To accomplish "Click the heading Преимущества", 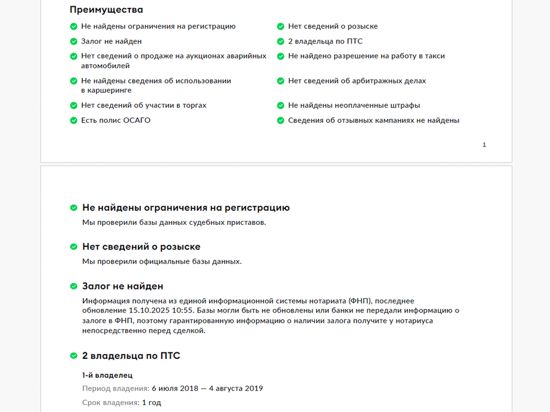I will pos(107,10).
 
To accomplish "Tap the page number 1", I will pos(484,145).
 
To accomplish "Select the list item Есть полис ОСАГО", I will pos(116,120).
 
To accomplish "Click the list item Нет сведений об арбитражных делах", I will pos(357,81).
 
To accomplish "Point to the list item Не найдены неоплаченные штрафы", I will pos(354,105).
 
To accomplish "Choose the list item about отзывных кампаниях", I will pos(374,120).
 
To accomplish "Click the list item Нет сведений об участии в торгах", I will pos(144,105).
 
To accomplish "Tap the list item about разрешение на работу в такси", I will pos(366,56).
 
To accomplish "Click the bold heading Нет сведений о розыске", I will pos(141,247).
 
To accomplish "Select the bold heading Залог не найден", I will pos(123,286).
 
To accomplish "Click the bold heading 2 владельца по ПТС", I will pos(131,356).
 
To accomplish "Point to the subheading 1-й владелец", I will pos(107,375).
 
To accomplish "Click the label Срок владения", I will pos(111,402).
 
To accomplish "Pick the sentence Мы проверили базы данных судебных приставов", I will pos(174,222).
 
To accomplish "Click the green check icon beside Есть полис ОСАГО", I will pos(73,120).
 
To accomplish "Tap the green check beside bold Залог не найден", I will pos(73,286).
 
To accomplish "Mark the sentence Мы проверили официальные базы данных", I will pos(162,262).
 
